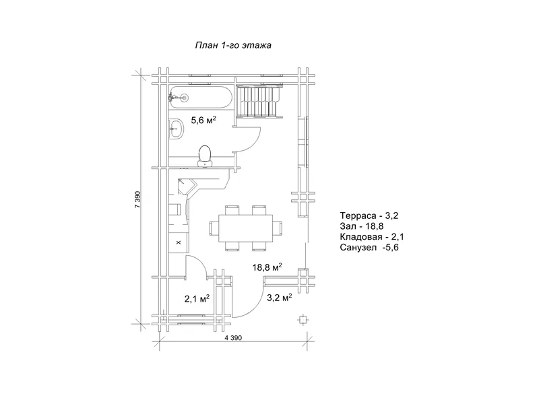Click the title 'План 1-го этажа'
coord(233,45)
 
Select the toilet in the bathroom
coord(205,156)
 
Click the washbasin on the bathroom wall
coord(177,129)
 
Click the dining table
coord(246,228)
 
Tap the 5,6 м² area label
coord(203,120)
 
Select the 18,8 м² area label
coord(267,267)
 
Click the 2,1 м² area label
coord(197,299)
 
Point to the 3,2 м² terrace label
coord(280,298)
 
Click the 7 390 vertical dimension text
coord(137,199)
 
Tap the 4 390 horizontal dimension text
coord(233,338)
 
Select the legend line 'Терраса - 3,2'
coord(369,215)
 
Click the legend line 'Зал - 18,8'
coord(362,226)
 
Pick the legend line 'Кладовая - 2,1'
coord(372,237)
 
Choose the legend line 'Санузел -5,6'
coord(369,248)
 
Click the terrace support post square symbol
coord(303,320)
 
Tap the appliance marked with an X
coord(179,242)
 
